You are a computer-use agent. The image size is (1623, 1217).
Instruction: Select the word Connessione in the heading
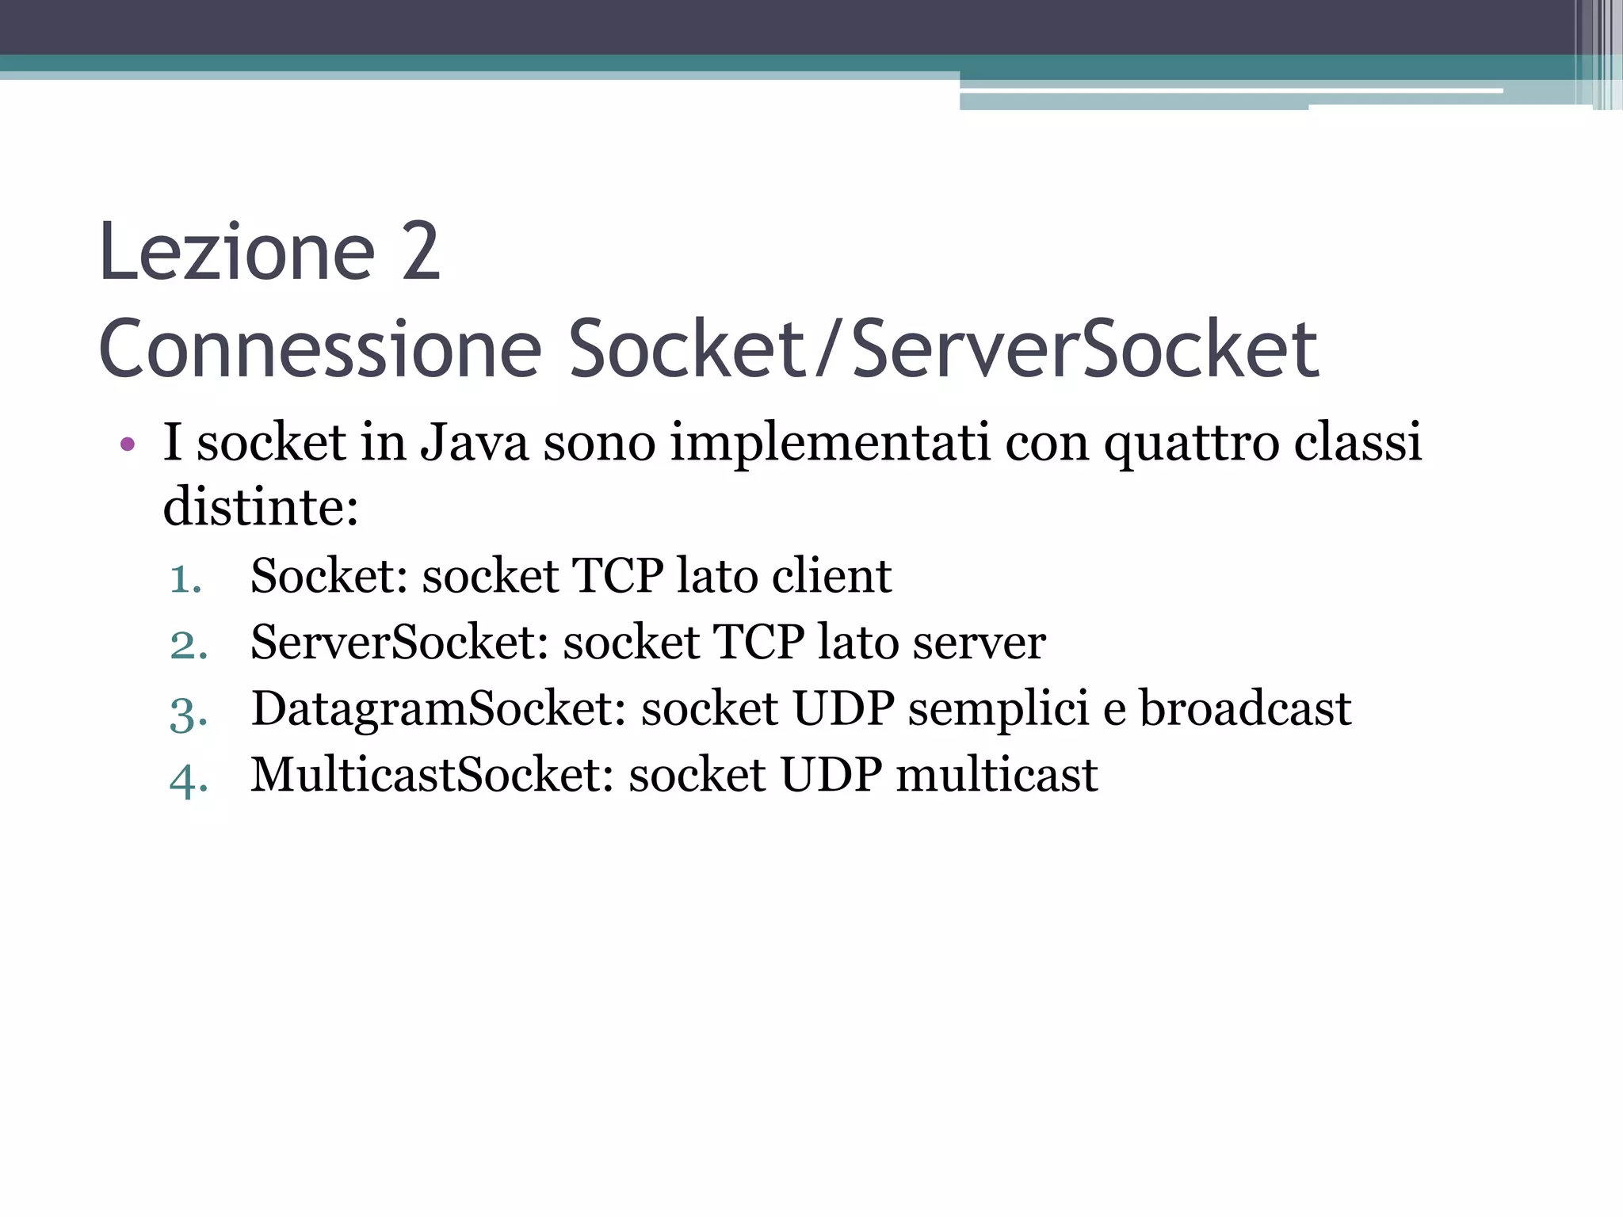point(319,349)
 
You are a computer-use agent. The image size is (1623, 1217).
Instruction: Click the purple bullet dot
point(127,444)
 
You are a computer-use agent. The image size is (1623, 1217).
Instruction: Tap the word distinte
point(260,507)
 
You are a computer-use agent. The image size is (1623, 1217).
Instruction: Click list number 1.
point(185,578)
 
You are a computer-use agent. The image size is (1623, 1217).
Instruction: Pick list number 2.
point(189,644)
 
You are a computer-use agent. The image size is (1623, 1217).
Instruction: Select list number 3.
point(189,712)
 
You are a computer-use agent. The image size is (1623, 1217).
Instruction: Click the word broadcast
point(1245,708)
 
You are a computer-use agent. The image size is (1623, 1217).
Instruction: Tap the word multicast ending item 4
point(997,775)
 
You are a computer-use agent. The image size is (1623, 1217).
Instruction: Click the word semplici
point(999,710)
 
